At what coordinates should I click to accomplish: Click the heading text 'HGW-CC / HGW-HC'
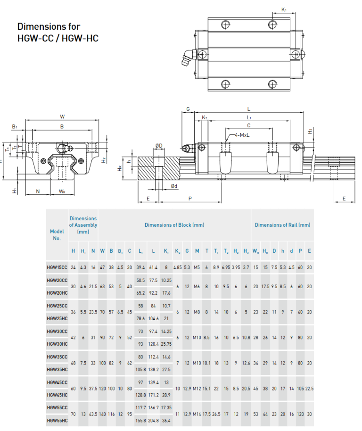(x=58, y=38)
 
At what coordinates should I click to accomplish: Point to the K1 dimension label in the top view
(x=284, y=9)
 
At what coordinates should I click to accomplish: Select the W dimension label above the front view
(x=62, y=116)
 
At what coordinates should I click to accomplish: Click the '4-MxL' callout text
(x=243, y=135)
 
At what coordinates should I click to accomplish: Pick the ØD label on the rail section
(x=158, y=145)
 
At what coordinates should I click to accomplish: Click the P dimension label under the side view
(x=190, y=199)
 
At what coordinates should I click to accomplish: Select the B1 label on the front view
(x=15, y=126)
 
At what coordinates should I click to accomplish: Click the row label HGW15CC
(x=57, y=267)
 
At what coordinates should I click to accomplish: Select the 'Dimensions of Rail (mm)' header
(x=282, y=225)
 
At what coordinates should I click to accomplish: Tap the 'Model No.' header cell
(x=57, y=234)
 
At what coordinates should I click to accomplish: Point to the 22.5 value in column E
(x=309, y=388)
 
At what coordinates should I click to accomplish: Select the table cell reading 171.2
(x=153, y=395)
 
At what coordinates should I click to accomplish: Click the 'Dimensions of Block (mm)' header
(x=174, y=225)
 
